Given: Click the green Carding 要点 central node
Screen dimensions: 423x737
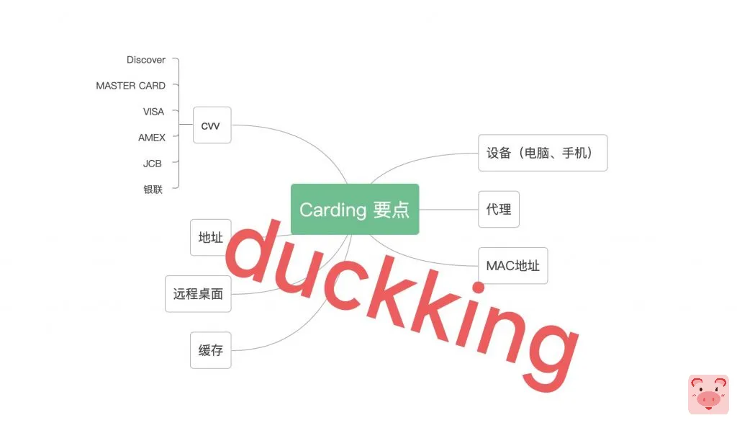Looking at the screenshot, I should click(x=354, y=209).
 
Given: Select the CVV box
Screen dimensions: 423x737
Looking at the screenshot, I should click(x=212, y=125).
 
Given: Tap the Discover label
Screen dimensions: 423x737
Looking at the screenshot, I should click(x=146, y=60).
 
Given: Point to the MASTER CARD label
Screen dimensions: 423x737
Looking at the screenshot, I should click(x=130, y=86).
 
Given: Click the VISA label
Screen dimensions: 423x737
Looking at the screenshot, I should click(x=153, y=112).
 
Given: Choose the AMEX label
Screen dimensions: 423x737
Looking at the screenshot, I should click(x=152, y=138).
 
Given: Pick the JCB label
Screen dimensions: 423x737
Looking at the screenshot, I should click(x=153, y=164).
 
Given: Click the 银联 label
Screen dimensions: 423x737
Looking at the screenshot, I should click(x=153, y=190).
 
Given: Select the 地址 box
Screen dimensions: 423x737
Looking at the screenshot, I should click(x=211, y=238).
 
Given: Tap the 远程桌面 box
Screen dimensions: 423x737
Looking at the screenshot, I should click(x=198, y=294).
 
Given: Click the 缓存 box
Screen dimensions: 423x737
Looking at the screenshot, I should click(x=211, y=350).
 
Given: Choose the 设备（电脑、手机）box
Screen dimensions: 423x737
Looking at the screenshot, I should click(x=543, y=153).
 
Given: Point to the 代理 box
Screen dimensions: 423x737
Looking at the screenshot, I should click(x=499, y=209).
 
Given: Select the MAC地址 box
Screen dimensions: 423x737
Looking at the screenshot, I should click(x=512, y=265).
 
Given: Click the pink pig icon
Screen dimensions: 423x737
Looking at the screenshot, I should click(x=708, y=395).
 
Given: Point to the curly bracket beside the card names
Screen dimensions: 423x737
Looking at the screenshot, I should click(x=177, y=124).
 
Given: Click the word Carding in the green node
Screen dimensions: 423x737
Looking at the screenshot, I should click(x=333, y=210).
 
